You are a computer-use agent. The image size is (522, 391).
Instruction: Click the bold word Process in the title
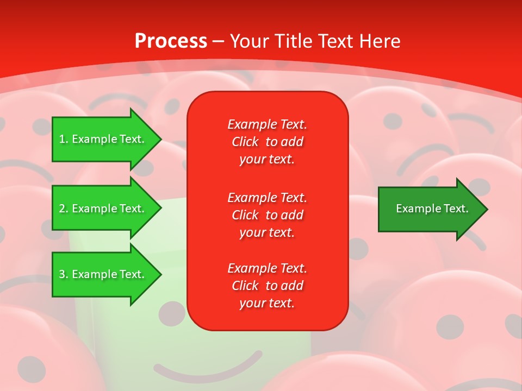[x=171, y=41]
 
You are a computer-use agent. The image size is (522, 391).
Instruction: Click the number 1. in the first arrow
[x=64, y=139]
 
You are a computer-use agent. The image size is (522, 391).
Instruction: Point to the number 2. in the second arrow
[x=64, y=209]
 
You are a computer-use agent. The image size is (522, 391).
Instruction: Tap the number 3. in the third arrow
[x=64, y=274]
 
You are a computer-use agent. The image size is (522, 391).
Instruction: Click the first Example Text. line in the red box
[x=267, y=124]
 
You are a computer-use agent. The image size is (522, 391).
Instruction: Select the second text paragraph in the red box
[x=267, y=215]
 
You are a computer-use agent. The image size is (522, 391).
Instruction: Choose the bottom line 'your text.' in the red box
[x=267, y=304]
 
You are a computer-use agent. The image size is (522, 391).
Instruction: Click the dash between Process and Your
[x=218, y=41]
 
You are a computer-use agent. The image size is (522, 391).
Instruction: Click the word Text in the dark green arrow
[x=456, y=209]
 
